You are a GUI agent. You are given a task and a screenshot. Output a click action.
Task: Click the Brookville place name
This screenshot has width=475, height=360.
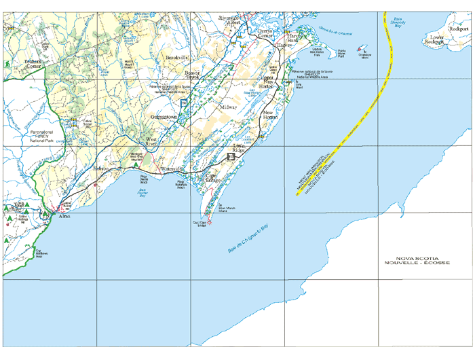point(177,58)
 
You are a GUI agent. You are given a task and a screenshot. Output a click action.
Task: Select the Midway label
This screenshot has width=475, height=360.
point(229,107)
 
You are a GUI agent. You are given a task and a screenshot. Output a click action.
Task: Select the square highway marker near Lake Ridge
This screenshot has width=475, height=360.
point(231,156)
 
